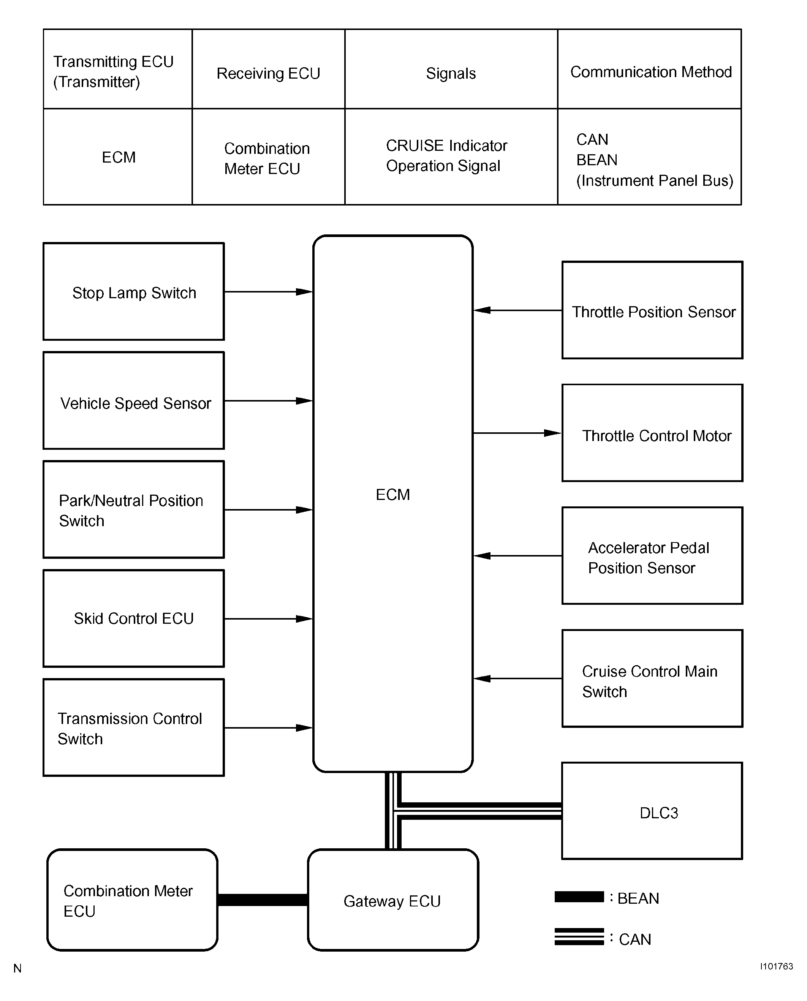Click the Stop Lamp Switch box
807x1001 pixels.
(133, 291)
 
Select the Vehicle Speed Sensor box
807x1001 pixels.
(133, 400)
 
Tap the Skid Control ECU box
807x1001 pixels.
(133, 618)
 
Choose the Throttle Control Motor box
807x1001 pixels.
(652, 433)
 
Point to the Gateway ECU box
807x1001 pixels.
(393, 900)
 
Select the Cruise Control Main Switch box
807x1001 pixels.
(652, 678)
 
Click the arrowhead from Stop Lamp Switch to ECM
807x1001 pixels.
(304, 292)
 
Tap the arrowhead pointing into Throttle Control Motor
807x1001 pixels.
(553, 433)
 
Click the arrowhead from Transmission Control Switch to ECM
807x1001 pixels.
(304, 728)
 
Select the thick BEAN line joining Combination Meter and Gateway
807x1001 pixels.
(263, 900)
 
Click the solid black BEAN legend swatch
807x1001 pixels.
(579, 897)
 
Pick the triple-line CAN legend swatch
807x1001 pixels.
(579, 936)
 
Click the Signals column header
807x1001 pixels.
(451, 73)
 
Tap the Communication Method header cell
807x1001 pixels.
(651, 72)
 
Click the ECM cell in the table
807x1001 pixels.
(119, 157)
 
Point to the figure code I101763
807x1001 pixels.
(776, 966)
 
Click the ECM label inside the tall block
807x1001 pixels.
(393, 495)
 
